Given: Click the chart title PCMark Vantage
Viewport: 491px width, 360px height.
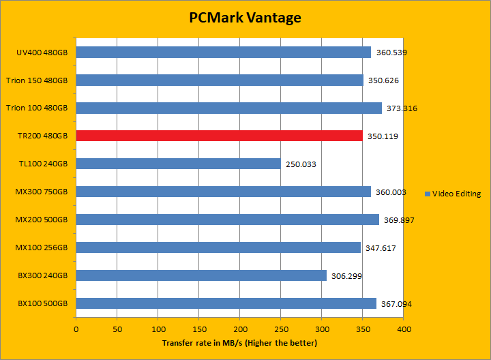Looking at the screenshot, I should [245, 18].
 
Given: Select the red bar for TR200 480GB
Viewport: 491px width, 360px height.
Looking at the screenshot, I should [219, 136].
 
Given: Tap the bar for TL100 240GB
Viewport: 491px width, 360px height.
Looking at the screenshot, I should [178, 164].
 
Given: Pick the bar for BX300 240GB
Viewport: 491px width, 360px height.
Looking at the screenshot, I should [201, 275].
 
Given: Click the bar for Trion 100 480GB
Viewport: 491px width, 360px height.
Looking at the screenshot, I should [228, 108].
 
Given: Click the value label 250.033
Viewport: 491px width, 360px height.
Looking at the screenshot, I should [300, 164].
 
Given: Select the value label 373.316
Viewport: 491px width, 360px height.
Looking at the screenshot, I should [401, 108].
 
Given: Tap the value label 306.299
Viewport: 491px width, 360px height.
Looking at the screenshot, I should [346, 276].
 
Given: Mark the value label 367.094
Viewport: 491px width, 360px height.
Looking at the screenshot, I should [396, 304].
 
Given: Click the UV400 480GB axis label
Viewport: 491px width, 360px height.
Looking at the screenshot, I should [42, 52].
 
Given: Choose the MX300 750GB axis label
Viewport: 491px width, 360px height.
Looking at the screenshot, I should [42, 192].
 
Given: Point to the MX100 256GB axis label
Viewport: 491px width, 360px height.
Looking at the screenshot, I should [42, 248].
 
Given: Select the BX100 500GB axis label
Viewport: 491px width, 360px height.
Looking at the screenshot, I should [43, 304].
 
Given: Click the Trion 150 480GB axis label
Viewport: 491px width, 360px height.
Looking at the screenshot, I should [37, 80].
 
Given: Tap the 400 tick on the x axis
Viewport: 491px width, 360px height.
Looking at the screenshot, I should [404, 329].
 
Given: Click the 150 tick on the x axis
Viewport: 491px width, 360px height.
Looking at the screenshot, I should [199, 329].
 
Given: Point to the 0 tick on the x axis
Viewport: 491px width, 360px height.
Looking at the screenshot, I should [76, 329].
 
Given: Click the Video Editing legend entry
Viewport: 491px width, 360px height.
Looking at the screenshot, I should [452, 194].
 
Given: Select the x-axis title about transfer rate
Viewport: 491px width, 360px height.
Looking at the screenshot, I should [239, 342].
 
